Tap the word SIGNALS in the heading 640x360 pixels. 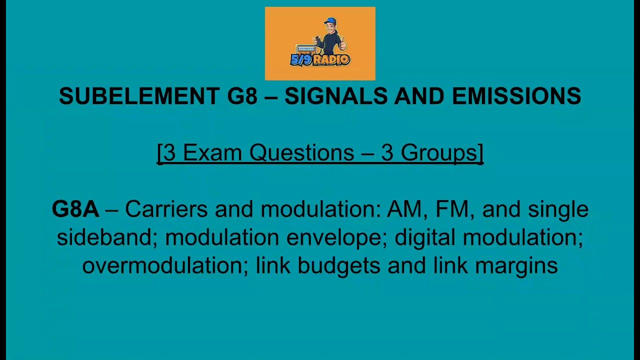coord(335,96)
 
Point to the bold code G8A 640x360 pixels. coord(75,209)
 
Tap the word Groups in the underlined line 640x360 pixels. coord(440,152)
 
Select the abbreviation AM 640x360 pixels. coord(406,209)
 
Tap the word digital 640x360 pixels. coord(425,237)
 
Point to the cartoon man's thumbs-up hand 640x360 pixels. coord(342,45)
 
